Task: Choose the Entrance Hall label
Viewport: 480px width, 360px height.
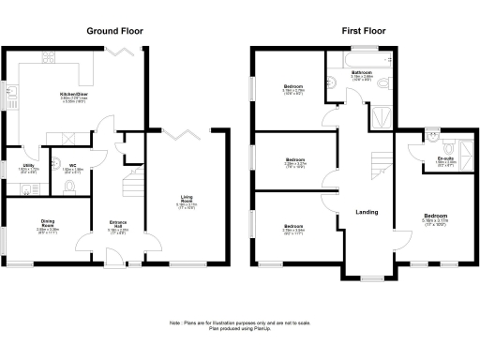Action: [119, 225]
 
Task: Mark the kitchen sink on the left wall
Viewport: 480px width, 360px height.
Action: [10, 92]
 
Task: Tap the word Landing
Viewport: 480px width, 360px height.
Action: [366, 212]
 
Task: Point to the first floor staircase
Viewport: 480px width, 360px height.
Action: [380, 169]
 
